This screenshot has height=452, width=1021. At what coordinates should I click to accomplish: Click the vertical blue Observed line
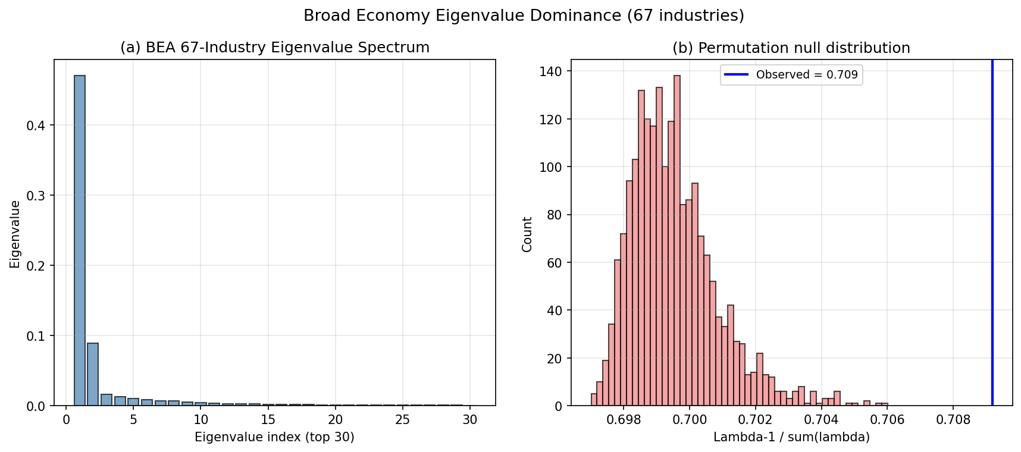click(992, 238)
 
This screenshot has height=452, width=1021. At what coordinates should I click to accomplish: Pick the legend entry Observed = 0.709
click(791, 75)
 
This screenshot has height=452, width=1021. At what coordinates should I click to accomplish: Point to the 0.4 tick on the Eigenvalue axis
click(38, 125)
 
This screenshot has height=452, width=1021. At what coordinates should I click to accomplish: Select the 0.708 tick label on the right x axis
click(953, 420)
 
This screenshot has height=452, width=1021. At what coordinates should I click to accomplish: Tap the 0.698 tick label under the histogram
click(623, 420)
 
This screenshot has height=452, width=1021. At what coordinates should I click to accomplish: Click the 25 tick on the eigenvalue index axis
click(402, 420)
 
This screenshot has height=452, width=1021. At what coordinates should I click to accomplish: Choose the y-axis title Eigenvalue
click(15, 234)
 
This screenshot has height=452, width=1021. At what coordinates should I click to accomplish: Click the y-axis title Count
click(527, 234)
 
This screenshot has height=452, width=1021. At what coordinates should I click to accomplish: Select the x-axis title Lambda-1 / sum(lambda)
click(791, 438)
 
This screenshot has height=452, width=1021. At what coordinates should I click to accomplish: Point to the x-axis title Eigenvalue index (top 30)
click(274, 438)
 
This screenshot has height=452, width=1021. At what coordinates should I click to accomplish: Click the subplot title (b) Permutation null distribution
click(791, 48)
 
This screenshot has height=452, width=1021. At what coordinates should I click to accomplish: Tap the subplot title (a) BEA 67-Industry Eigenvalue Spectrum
click(274, 48)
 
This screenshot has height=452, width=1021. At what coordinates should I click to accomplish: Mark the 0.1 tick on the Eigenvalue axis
click(38, 336)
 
